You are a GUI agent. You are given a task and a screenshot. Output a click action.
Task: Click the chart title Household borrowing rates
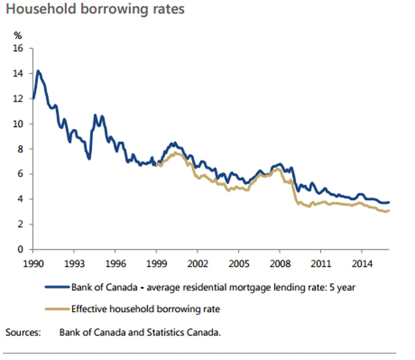[95, 9]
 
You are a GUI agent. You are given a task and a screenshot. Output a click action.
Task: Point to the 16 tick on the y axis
[18, 49]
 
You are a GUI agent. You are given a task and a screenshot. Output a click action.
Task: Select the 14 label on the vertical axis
[18, 74]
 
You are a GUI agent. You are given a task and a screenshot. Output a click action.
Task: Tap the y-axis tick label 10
[18, 124]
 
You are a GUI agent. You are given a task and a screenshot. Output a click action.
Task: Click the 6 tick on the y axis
[20, 174]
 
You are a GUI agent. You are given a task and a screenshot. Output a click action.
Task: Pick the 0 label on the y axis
[20, 250]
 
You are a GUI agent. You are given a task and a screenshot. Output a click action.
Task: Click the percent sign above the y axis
[18, 36]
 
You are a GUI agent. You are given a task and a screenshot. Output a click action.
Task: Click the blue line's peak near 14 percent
[37, 71]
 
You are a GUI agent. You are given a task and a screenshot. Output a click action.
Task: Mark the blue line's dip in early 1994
[89, 159]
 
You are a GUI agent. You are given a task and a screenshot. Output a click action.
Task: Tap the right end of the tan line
[388, 211]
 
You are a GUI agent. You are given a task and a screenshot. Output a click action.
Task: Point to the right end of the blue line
[388, 202]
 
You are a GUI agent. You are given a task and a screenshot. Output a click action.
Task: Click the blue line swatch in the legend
[57, 287]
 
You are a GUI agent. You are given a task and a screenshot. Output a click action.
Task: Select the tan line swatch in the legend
[57, 309]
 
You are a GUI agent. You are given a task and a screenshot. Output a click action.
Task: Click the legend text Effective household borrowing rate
[146, 309]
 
